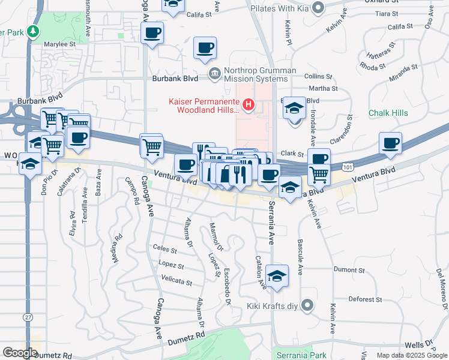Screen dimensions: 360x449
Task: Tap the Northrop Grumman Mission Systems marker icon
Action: (x=214, y=73)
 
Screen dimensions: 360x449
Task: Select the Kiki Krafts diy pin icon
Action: (x=307, y=306)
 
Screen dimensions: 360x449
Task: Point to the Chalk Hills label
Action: (x=388, y=113)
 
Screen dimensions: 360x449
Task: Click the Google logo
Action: (x=20, y=353)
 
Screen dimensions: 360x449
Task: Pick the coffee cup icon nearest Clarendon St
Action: (x=390, y=143)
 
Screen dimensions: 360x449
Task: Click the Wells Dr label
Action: (x=420, y=346)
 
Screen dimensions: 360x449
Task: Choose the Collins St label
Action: (x=318, y=77)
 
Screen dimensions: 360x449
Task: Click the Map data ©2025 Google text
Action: (x=411, y=355)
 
